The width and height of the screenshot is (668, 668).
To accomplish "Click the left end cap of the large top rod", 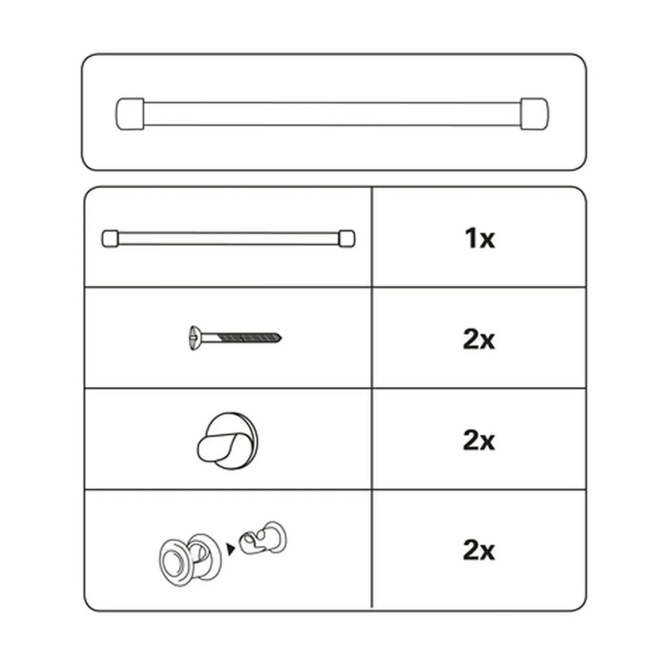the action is [x=130, y=114].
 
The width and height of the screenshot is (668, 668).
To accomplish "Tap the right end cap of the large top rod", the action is [x=534, y=114].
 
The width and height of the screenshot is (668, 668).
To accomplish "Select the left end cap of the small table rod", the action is [x=110, y=239].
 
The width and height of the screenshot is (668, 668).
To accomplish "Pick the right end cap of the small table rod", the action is [x=347, y=239].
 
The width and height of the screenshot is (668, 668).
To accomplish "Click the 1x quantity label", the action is [x=480, y=239].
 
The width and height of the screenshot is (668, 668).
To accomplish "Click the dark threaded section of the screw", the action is [x=248, y=337].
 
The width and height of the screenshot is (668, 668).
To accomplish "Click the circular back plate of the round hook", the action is [x=243, y=426].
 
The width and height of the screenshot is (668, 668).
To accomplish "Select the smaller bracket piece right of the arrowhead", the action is [x=264, y=538].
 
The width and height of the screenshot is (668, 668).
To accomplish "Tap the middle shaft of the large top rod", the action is [x=332, y=114].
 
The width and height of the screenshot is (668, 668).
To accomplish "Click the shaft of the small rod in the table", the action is [x=229, y=239].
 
